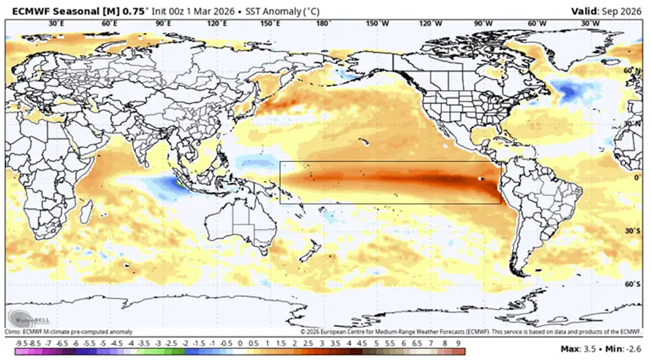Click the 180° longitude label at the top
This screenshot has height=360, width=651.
pyautogui.click(x=323, y=23)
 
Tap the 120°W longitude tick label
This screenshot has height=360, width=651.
pyautogui.click(x=430, y=23)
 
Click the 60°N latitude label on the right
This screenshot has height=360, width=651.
pyautogui.click(x=632, y=70)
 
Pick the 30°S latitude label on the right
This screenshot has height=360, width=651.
pyautogui.click(x=632, y=229)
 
